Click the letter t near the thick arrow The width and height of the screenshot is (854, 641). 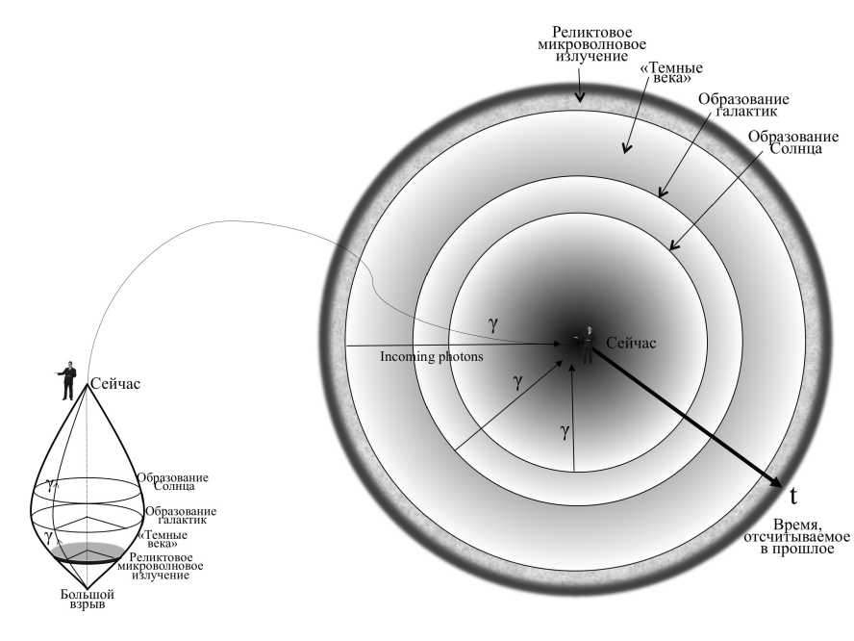[793, 497]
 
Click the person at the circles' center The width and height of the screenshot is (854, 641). [586, 344]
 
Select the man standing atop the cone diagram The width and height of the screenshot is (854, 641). [68, 380]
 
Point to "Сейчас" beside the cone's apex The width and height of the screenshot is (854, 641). [115, 384]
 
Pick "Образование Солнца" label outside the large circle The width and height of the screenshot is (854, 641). [784, 144]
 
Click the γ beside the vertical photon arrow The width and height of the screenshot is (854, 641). [564, 432]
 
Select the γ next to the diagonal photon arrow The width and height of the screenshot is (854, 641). [517, 381]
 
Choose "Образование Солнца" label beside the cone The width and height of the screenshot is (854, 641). [172, 481]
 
